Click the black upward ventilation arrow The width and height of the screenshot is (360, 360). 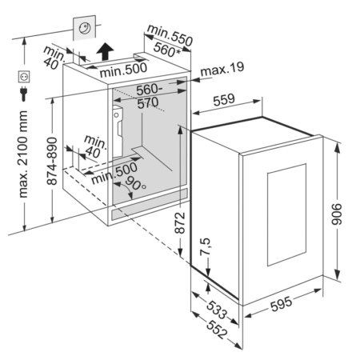[105, 51]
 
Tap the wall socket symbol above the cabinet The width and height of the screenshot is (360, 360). [85, 28]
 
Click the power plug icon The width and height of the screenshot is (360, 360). [23, 93]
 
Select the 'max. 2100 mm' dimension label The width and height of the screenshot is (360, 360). [23, 154]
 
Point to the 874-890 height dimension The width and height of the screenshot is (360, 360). [52, 161]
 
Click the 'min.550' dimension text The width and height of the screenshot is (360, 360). [170, 35]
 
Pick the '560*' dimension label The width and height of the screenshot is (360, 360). [166, 50]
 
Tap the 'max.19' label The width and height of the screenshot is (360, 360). [222, 70]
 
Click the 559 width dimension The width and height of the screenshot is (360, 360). [224, 99]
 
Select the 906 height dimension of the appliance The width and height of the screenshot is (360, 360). [337, 214]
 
